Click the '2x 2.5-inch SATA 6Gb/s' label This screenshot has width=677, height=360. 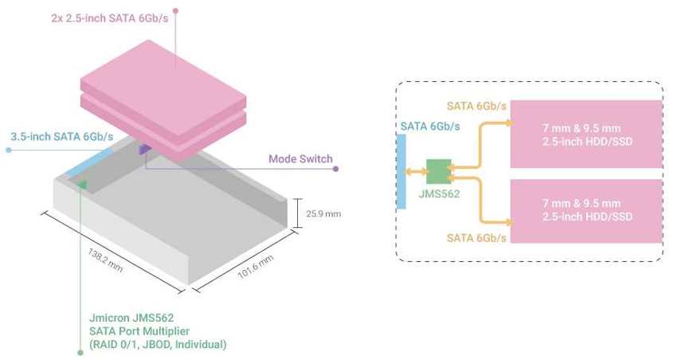coord(110,18)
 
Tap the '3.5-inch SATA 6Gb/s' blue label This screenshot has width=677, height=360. coord(62,137)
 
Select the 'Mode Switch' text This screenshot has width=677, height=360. coord(300,158)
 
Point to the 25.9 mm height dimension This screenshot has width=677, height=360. coord(323,213)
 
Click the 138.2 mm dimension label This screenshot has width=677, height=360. coord(105,260)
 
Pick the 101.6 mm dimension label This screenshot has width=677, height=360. coord(256,266)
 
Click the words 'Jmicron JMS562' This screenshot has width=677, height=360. coord(131,318)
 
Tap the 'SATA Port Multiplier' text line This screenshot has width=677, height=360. coord(139,331)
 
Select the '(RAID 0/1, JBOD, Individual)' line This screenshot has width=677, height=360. coord(158,344)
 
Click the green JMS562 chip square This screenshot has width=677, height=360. coord(439,171)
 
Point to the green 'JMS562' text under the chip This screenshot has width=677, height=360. coord(439,194)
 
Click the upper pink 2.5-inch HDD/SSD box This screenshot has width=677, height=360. coord(586,135)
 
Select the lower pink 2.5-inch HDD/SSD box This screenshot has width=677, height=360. coord(586,211)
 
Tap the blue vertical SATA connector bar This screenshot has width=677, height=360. coord(401,172)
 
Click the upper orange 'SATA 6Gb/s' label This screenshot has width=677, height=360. coord(476,106)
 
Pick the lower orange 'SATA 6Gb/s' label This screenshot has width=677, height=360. coord(476,238)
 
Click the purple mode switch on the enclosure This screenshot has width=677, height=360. coord(144,150)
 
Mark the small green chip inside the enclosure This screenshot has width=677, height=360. coord(81,186)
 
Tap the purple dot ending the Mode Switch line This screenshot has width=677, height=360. coord(336,169)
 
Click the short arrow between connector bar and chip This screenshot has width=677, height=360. coord(417,172)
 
